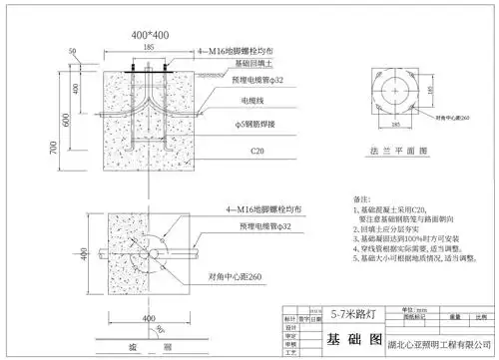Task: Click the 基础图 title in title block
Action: coord(349,340)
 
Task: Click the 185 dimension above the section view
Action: coord(149,46)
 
